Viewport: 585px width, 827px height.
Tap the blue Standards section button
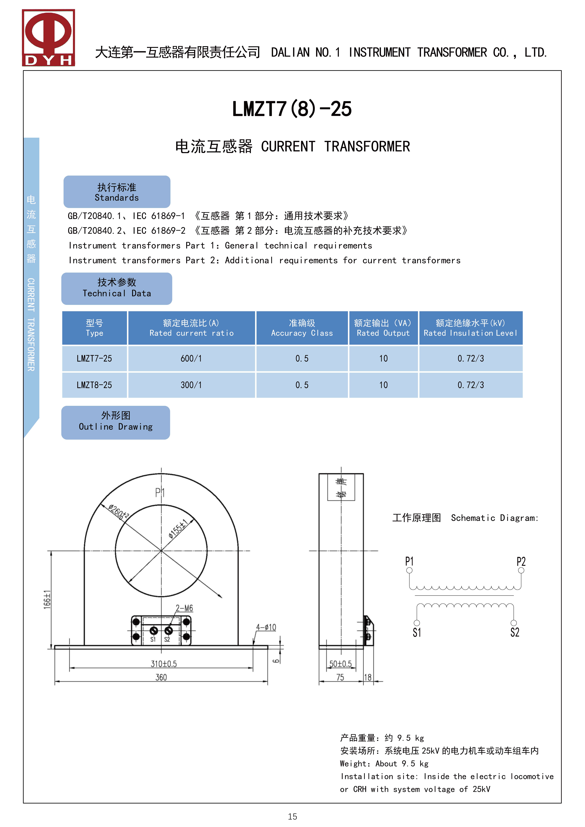pos(117,192)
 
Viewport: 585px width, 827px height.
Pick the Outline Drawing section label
pos(116,422)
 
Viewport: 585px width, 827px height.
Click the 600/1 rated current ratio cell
pos(191,358)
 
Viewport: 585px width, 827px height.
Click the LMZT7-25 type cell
pos(94,358)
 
